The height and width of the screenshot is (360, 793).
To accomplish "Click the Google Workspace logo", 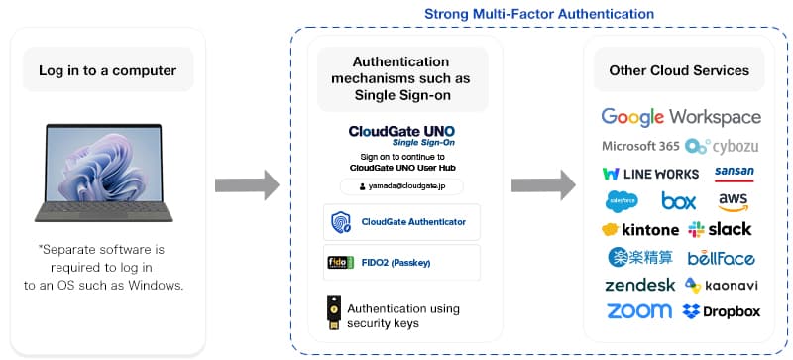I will coord(681,117).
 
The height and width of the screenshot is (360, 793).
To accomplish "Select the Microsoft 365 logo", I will coord(640,146).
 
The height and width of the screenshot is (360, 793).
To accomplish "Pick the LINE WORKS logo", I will coord(650,174).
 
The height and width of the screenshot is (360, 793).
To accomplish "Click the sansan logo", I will coord(734,172).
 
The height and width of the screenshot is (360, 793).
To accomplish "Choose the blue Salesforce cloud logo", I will coord(622,201).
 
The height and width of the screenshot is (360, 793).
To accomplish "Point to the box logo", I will coord(679,201).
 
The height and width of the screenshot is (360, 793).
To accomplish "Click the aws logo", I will coord(734,201).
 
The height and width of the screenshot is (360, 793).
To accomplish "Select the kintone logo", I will coord(640,229).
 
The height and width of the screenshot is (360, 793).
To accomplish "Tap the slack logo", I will coord(721,229).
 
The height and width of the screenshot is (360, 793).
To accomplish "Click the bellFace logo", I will coord(721,258).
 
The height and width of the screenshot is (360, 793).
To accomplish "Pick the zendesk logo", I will coord(640,286).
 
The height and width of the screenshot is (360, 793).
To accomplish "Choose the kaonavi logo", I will coord(723,286).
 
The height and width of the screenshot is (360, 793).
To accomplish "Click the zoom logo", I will coord(638,311).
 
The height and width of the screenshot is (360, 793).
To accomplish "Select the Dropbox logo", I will coord(722,312).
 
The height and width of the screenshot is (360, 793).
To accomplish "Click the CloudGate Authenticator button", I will coord(401,222).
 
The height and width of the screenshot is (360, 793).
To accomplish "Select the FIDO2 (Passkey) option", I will coord(401,262).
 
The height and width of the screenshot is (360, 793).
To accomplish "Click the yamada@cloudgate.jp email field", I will coord(401,185).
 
